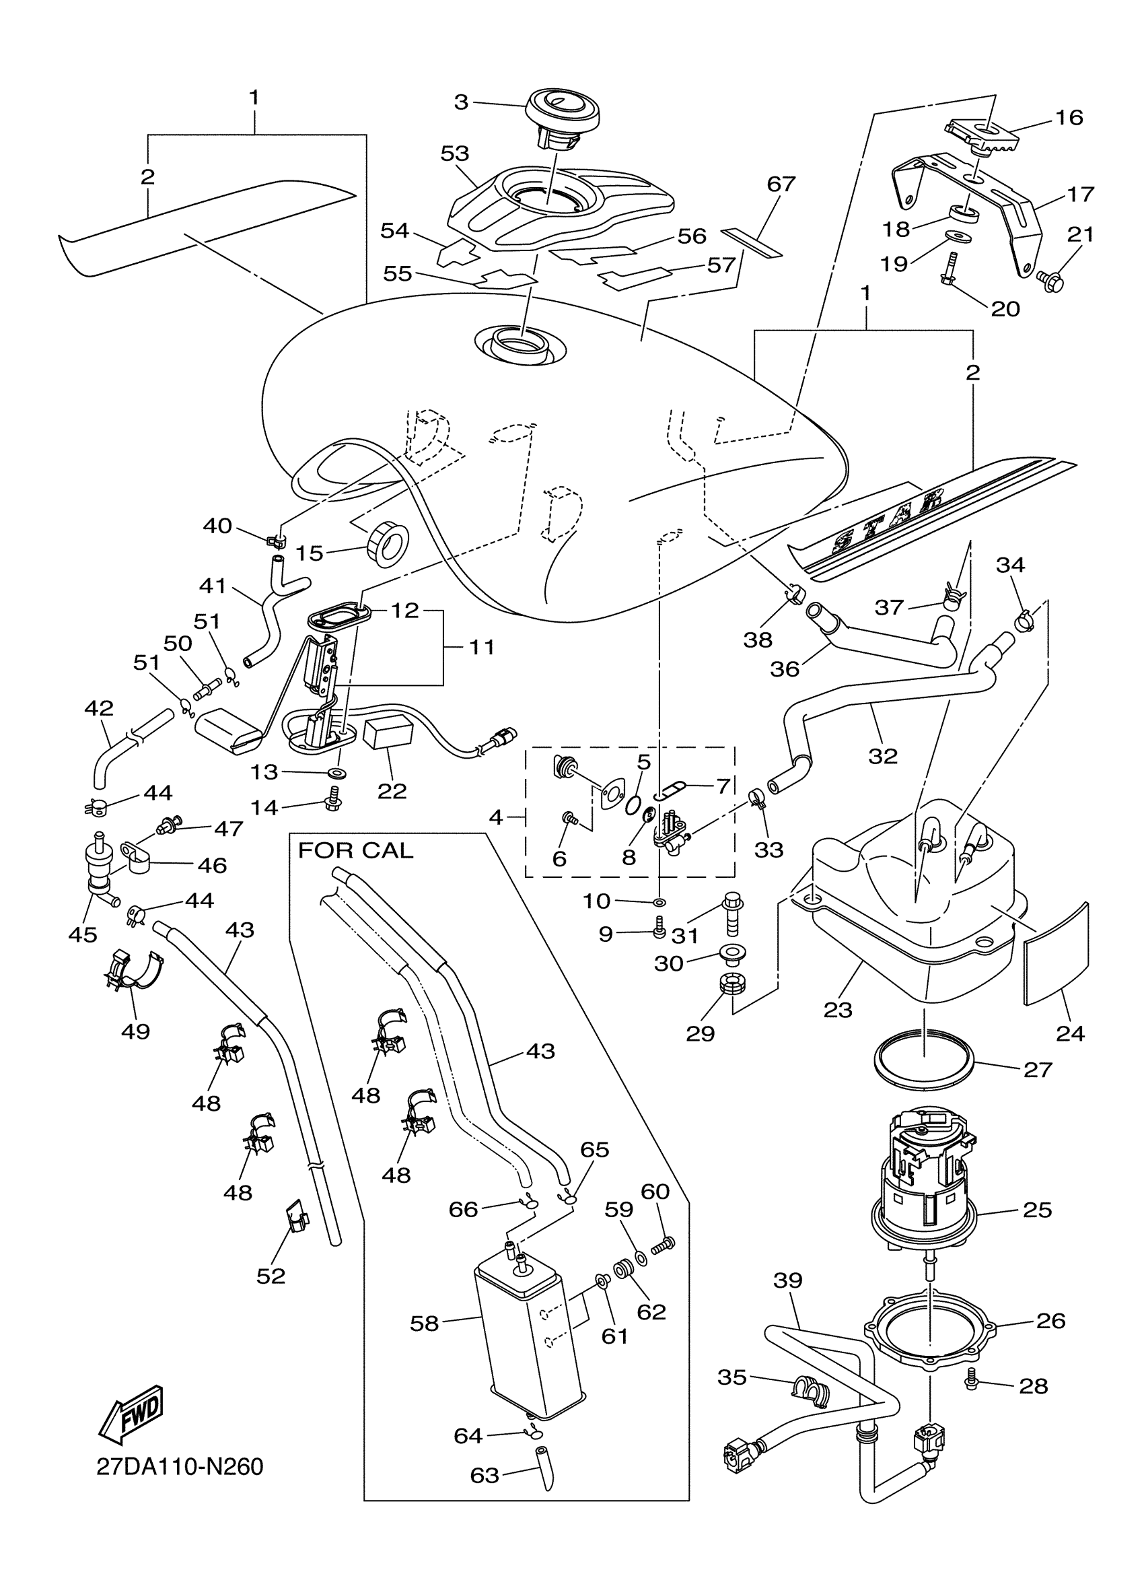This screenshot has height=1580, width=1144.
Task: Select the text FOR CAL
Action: click(355, 851)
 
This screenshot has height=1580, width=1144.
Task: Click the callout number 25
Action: click(1037, 1209)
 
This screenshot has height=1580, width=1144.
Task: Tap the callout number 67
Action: click(781, 184)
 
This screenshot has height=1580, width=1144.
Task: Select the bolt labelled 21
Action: click(1050, 281)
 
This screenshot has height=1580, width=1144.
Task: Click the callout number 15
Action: click(309, 553)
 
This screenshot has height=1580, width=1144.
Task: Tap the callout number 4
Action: click(495, 817)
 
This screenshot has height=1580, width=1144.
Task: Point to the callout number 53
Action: click(455, 153)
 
